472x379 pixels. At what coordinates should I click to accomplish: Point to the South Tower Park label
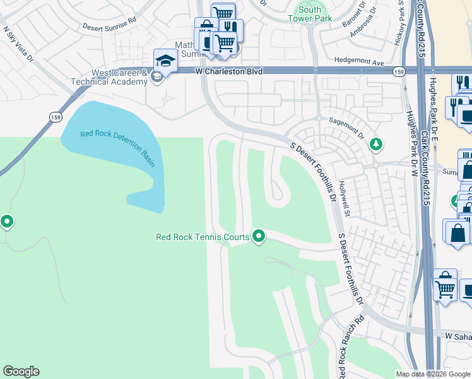[310, 14]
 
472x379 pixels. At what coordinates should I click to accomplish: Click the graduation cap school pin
[165, 61]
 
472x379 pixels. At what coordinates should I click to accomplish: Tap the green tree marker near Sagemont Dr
[376, 145]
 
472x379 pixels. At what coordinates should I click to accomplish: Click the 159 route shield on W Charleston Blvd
[398, 70]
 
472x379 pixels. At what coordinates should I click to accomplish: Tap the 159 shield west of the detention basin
[56, 116]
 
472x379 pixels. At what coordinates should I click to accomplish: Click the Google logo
[21, 371]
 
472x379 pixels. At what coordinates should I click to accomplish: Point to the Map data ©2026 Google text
[432, 374]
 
